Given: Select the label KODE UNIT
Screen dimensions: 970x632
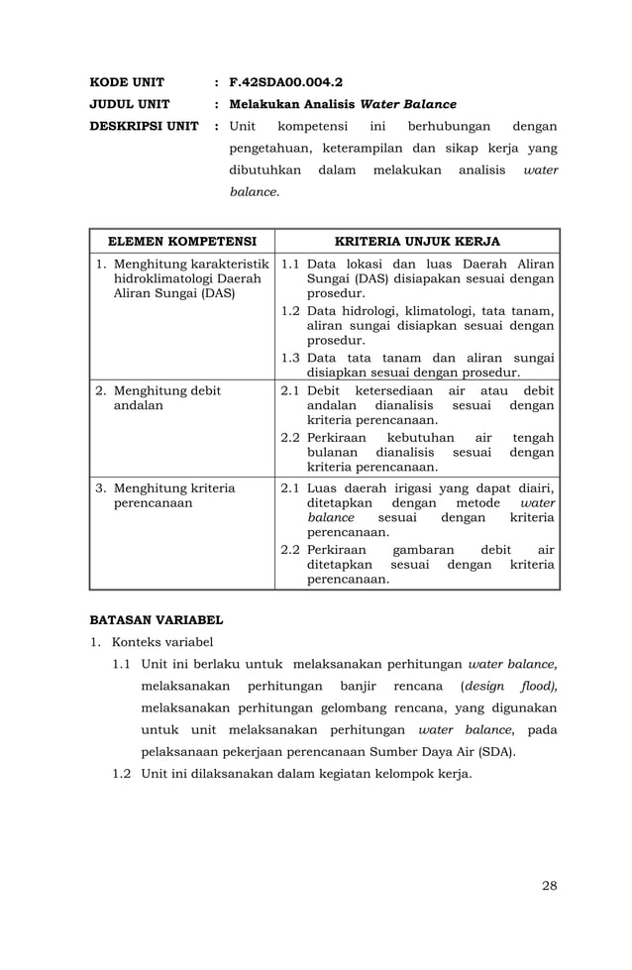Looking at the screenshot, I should [127, 81].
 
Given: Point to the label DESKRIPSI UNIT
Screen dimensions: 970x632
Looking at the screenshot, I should [145, 127].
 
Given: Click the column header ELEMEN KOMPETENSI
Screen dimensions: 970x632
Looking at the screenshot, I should [182, 241].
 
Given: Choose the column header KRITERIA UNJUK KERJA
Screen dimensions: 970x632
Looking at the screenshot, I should [417, 241].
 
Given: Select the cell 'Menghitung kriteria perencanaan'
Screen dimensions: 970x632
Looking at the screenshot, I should [173, 495].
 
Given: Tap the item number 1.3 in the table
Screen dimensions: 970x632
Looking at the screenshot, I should [291, 358].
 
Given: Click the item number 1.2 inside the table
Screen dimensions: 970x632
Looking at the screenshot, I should [291, 311].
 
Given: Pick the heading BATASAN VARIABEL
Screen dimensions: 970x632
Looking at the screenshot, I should [157, 620].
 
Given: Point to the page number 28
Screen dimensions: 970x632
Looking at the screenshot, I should [549, 885].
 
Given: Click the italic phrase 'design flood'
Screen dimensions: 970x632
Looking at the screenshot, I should [510, 686].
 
